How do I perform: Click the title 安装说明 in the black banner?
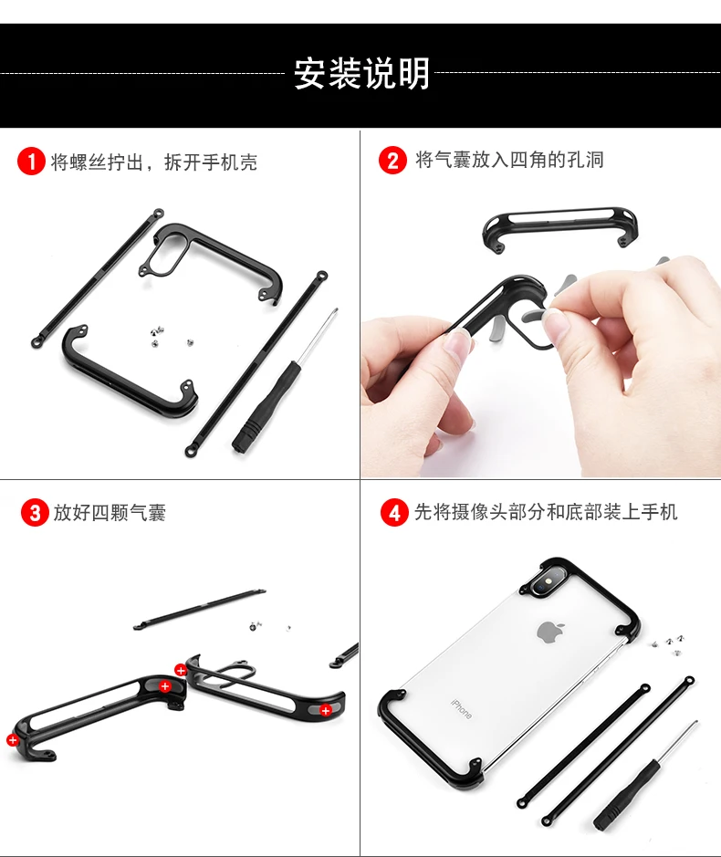(x=361, y=73)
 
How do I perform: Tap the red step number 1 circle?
(x=31, y=162)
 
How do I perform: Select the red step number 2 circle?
(x=392, y=160)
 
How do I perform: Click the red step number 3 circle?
(x=35, y=513)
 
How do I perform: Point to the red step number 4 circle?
(x=394, y=513)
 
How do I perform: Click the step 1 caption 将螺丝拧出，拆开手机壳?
(x=154, y=162)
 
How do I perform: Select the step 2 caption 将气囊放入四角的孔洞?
(x=509, y=160)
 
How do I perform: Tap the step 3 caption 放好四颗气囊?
(x=110, y=513)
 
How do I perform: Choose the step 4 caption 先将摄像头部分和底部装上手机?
(x=546, y=512)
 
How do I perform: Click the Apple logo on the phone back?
(x=550, y=632)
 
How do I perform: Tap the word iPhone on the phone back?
(x=461, y=708)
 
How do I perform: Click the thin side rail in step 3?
(x=199, y=610)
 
